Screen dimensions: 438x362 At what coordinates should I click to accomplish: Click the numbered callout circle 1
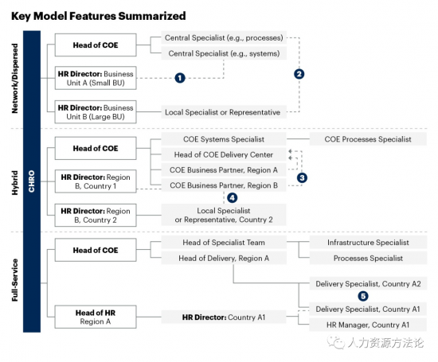coord(180,78)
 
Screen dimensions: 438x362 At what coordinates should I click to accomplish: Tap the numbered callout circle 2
coord(299,74)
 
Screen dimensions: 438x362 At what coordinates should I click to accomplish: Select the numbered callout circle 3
coord(302,177)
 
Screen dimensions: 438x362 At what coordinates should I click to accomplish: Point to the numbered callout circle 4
coord(232,198)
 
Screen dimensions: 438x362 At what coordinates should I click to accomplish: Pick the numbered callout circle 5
coord(363,296)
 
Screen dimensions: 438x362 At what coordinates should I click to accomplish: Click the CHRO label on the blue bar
coord(32,181)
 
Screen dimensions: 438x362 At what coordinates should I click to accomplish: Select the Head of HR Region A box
coord(96,317)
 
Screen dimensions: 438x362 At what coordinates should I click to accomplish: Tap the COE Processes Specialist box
coord(368,139)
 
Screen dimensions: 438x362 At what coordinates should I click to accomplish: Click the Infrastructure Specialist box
coord(368,243)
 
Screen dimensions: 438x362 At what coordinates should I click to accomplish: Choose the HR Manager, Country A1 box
coord(368,325)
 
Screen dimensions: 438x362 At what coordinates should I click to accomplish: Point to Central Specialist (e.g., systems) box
coord(224,53)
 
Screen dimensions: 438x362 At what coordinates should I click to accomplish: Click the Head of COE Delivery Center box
coord(224,154)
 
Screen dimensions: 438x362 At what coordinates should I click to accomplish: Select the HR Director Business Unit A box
coord(96,78)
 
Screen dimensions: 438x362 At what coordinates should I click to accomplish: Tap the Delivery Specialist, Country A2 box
coord(368,283)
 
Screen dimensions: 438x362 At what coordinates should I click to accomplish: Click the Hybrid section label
coord(15,183)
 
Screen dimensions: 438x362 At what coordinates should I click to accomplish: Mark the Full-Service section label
coord(15,280)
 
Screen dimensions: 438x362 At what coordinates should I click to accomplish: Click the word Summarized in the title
coord(152,16)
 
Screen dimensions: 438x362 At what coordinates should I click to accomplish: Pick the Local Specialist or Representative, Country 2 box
coord(224,215)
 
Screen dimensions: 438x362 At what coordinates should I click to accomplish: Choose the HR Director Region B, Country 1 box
coord(96,181)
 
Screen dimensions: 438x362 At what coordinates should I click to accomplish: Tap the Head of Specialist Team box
coord(224,243)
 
